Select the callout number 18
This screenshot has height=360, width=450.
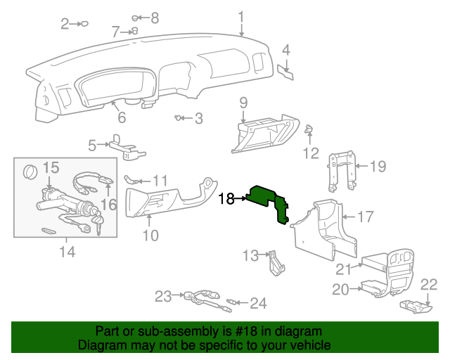click(226, 199)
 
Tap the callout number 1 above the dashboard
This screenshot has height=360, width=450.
click(240, 16)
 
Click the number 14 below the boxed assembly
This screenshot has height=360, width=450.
click(67, 251)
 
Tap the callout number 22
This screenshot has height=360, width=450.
click(428, 284)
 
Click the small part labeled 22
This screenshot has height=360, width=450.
click(414, 305)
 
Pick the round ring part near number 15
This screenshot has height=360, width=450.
click(30, 172)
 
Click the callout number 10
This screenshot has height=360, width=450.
click(150, 235)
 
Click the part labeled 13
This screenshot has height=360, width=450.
click(275, 263)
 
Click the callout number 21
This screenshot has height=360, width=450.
click(343, 269)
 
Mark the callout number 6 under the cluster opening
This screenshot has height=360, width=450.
click(121, 117)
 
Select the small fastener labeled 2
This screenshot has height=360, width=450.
click(84, 24)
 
